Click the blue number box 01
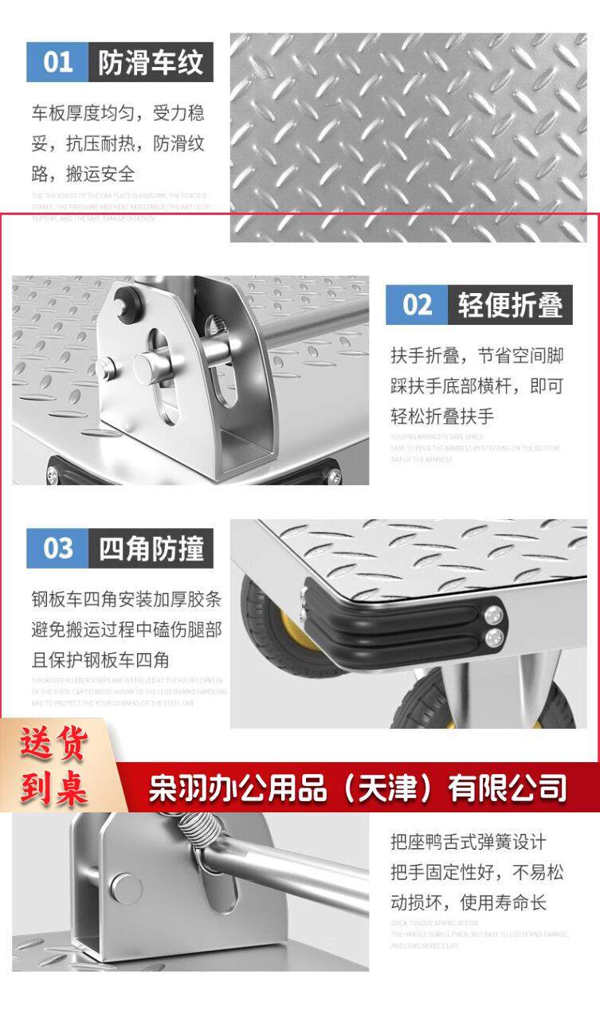[57, 62]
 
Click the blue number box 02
[417, 304]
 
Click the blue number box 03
[57, 548]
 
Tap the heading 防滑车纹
[151, 62]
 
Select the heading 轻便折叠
[510, 304]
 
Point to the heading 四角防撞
[151, 548]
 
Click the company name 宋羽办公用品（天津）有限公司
[358, 788]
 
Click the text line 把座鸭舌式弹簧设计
[469, 842]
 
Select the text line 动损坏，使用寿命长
[469, 902]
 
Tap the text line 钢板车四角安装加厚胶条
[126, 599]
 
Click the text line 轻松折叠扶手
[442, 416]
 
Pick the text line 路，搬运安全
[84, 174]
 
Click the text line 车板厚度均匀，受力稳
[118, 112]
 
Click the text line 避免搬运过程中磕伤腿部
[126, 629]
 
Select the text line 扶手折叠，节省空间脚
[476, 355]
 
